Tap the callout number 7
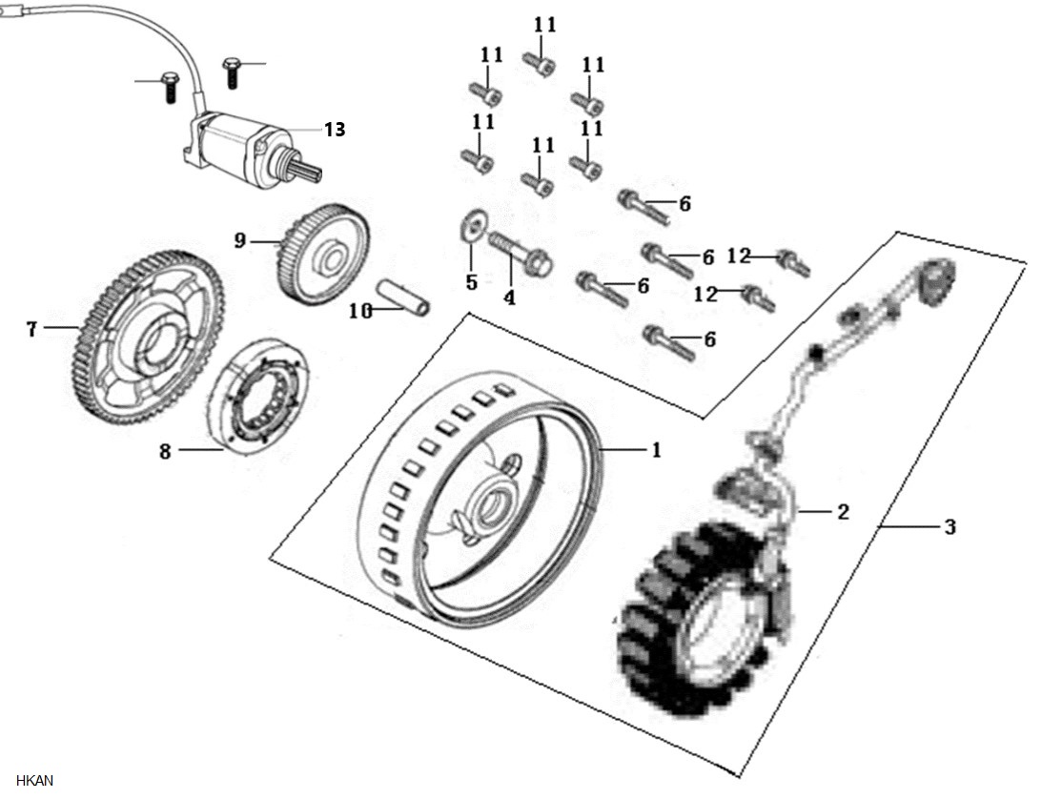point(31,328)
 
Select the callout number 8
point(165,451)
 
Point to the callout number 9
point(240,240)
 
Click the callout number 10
point(361,311)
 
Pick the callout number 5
point(471,282)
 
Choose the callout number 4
point(509,298)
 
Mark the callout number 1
point(657,450)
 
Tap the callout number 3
point(950,527)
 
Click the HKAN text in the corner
point(34,780)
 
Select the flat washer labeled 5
point(471,225)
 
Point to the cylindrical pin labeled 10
point(403,297)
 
